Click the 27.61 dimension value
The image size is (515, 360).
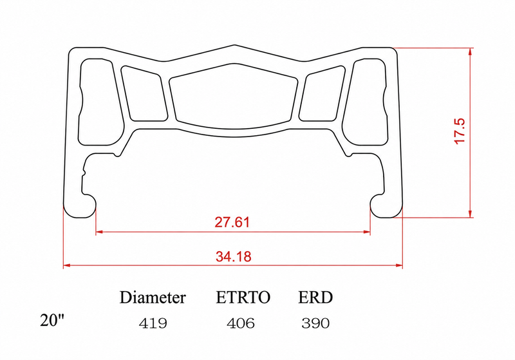click(x=232, y=222)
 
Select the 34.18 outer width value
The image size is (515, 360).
click(x=234, y=256)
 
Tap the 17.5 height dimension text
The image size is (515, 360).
click(x=460, y=131)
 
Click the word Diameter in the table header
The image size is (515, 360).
click(x=153, y=298)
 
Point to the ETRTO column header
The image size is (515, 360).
click(x=243, y=298)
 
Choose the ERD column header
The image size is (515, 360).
click(x=315, y=298)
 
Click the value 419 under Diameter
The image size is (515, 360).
click(x=153, y=323)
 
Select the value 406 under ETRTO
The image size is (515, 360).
click(x=240, y=323)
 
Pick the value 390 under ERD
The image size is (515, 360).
click(x=315, y=323)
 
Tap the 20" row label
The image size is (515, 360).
click(x=53, y=320)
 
